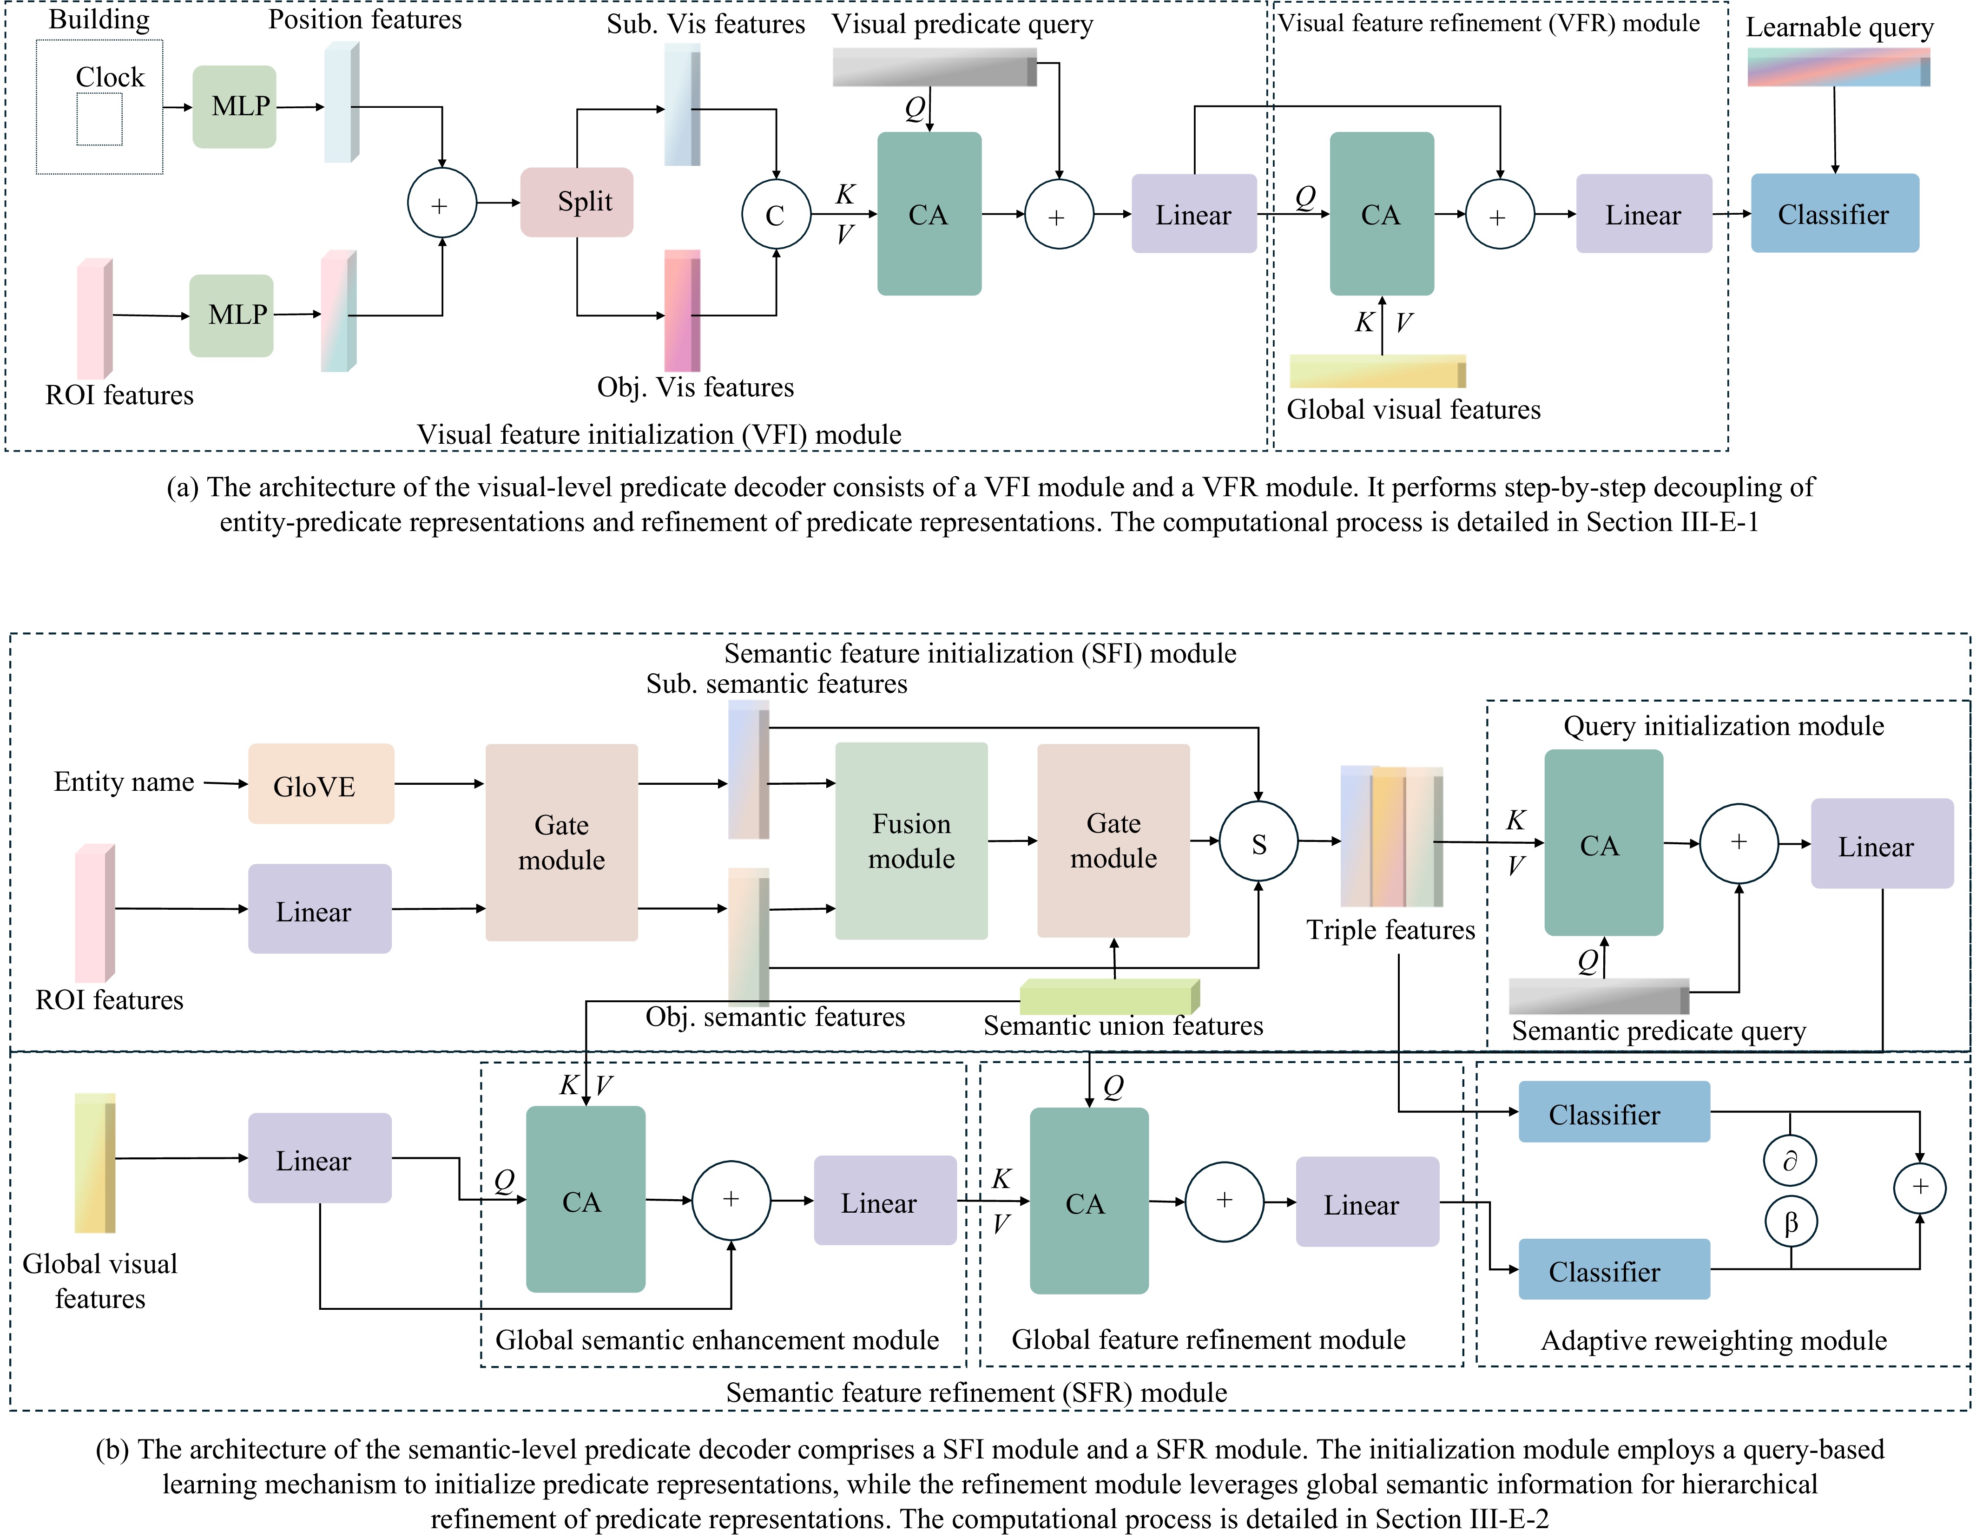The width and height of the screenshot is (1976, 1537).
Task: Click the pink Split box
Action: pos(576,202)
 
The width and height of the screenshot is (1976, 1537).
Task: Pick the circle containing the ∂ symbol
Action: pos(1791,1161)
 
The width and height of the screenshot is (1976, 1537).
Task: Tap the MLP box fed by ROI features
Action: pos(231,315)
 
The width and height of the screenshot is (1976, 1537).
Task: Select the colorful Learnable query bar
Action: pos(1838,67)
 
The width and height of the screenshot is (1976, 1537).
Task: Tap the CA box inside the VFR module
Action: pos(1382,213)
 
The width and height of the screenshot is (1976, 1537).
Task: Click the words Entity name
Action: pos(124,782)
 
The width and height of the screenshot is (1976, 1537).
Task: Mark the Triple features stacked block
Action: pos(1391,837)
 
